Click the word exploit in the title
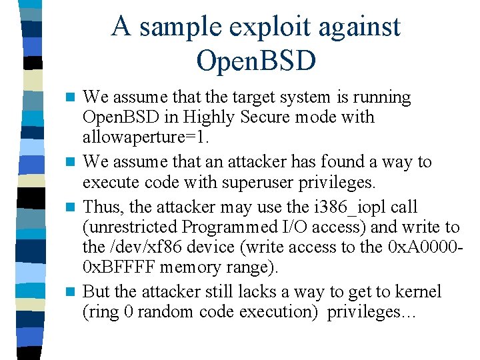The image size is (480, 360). [253, 27]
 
